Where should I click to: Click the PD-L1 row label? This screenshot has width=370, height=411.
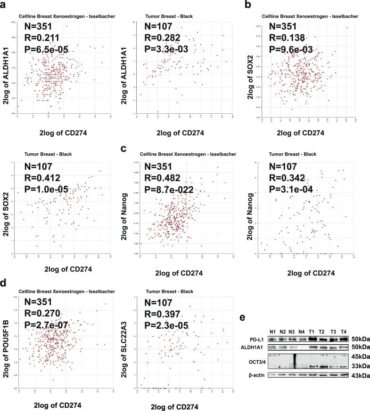click(x=256, y=339)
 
